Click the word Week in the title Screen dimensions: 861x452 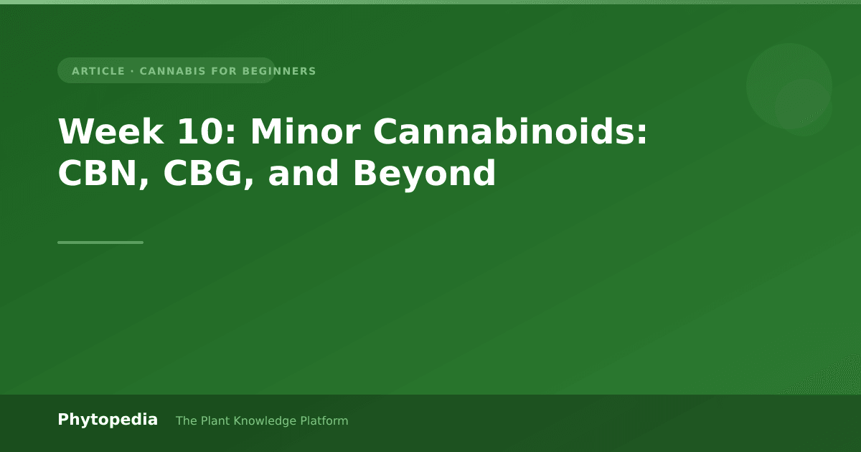[110, 131]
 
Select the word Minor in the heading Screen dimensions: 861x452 [305, 131]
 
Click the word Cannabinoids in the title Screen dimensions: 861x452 [510, 131]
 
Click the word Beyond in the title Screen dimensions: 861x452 [424, 174]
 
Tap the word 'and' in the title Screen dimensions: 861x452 [304, 173]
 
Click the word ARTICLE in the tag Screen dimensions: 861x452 [98, 71]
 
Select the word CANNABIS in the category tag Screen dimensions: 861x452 [172, 71]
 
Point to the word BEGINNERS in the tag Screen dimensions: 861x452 [279, 71]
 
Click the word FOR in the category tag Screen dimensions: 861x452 [224, 71]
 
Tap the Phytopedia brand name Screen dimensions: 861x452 [108, 420]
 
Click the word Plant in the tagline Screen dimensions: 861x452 [216, 421]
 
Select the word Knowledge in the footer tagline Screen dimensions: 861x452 [265, 421]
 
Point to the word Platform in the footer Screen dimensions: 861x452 [324, 421]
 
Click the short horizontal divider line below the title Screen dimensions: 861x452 [100, 243]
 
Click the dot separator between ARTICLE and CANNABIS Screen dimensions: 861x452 [132, 71]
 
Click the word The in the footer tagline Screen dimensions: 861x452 [187, 421]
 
